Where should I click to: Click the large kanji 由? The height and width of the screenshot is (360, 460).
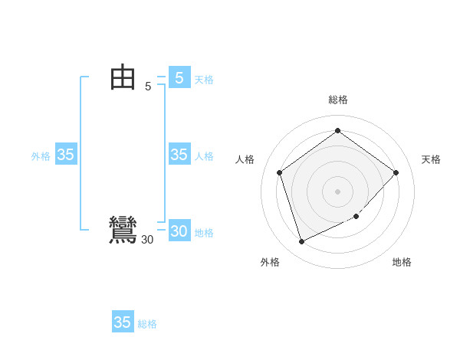tap(123, 77)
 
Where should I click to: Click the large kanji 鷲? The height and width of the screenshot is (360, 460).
tap(123, 231)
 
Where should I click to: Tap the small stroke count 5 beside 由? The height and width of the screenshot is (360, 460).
tap(148, 87)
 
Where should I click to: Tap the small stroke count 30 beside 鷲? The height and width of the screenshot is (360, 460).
tap(147, 240)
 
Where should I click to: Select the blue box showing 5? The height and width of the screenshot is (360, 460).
tap(179, 77)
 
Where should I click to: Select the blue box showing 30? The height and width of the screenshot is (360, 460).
tap(179, 231)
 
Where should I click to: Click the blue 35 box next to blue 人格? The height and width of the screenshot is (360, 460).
tap(179, 155)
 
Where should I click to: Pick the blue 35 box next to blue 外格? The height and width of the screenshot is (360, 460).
tap(66, 155)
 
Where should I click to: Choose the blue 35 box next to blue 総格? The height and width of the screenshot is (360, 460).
tap(123, 322)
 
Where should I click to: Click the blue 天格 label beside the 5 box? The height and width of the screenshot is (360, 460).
tap(204, 80)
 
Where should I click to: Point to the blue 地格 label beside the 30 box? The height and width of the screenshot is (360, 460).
tap(204, 233)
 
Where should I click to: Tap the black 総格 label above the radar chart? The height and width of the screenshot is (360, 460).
tap(337, 100)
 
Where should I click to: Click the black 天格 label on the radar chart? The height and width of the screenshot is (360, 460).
tap(431, 159)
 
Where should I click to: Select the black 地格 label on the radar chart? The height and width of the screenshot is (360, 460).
tap(402, 262)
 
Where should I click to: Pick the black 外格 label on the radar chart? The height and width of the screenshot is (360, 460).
tap(270, 262)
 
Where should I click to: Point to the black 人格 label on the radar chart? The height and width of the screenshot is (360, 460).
tap(245, 159)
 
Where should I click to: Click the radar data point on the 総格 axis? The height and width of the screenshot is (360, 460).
tap(337, 130)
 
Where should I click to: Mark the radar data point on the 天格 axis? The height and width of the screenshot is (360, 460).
tap(396, 172)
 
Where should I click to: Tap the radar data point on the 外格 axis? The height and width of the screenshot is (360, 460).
tap(301, 242)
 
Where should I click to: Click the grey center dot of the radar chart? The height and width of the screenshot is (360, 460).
tap(337, 191)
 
